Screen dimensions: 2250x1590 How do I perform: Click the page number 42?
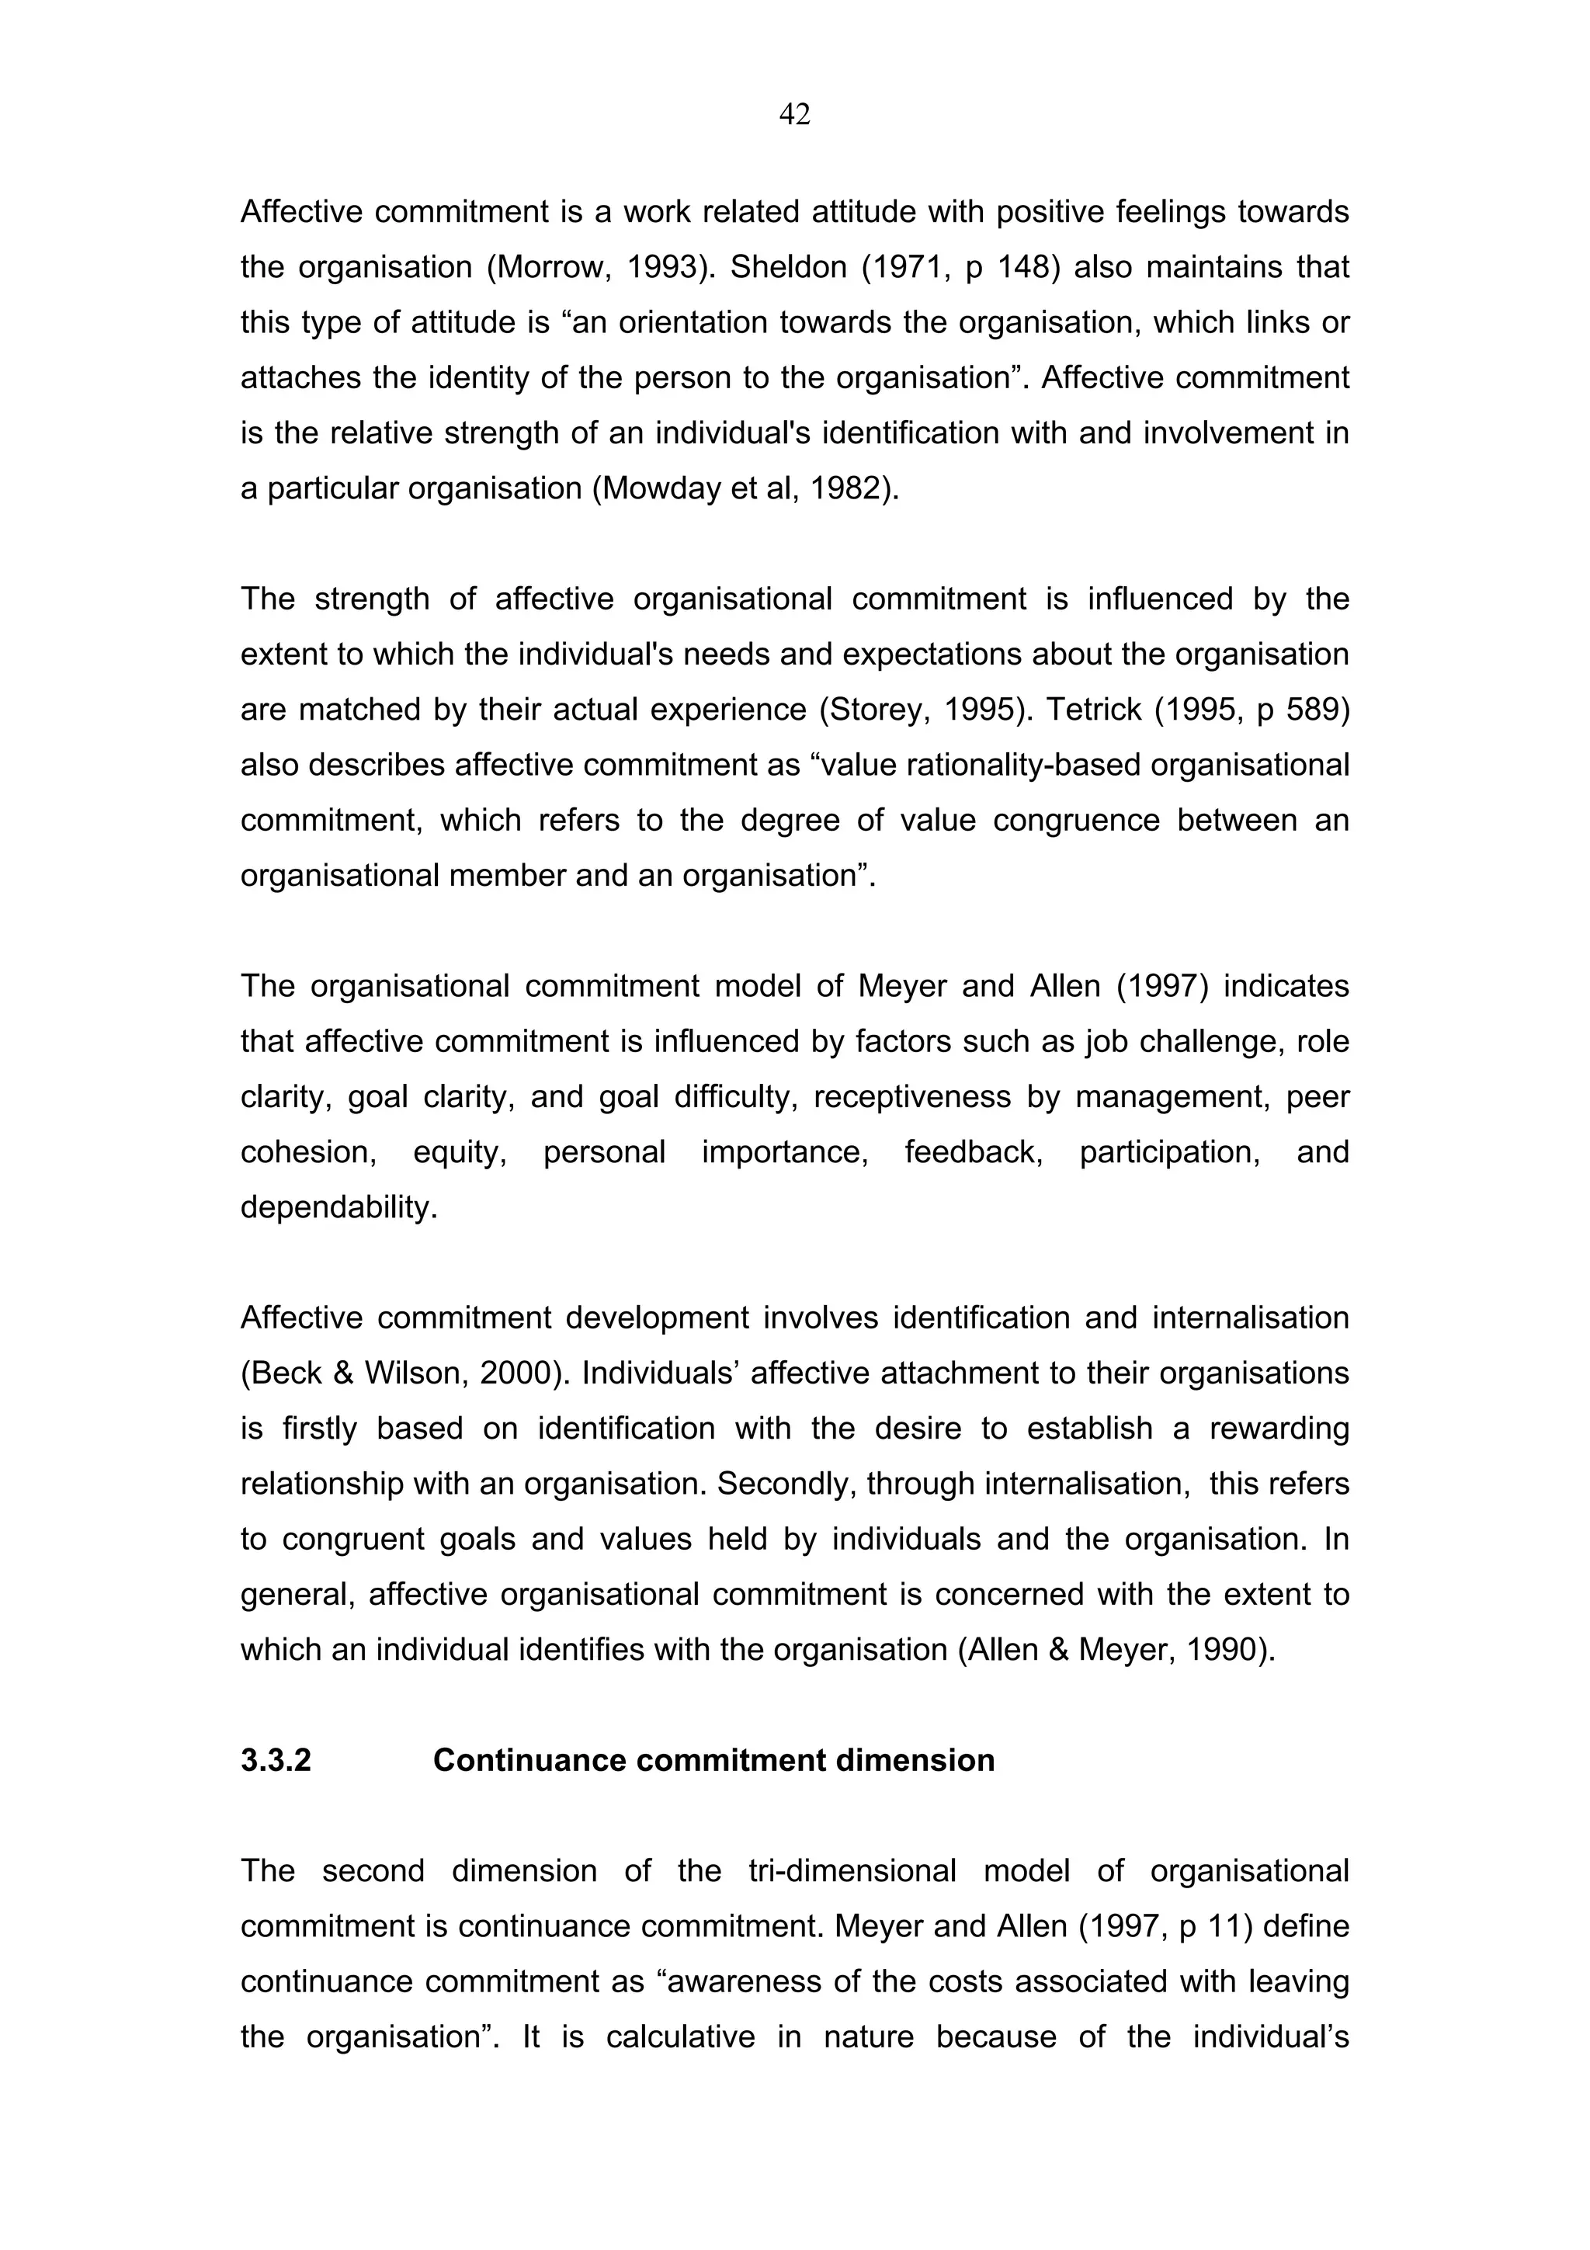pos(794,116)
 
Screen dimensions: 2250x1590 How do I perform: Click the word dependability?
pos(337,1207)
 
